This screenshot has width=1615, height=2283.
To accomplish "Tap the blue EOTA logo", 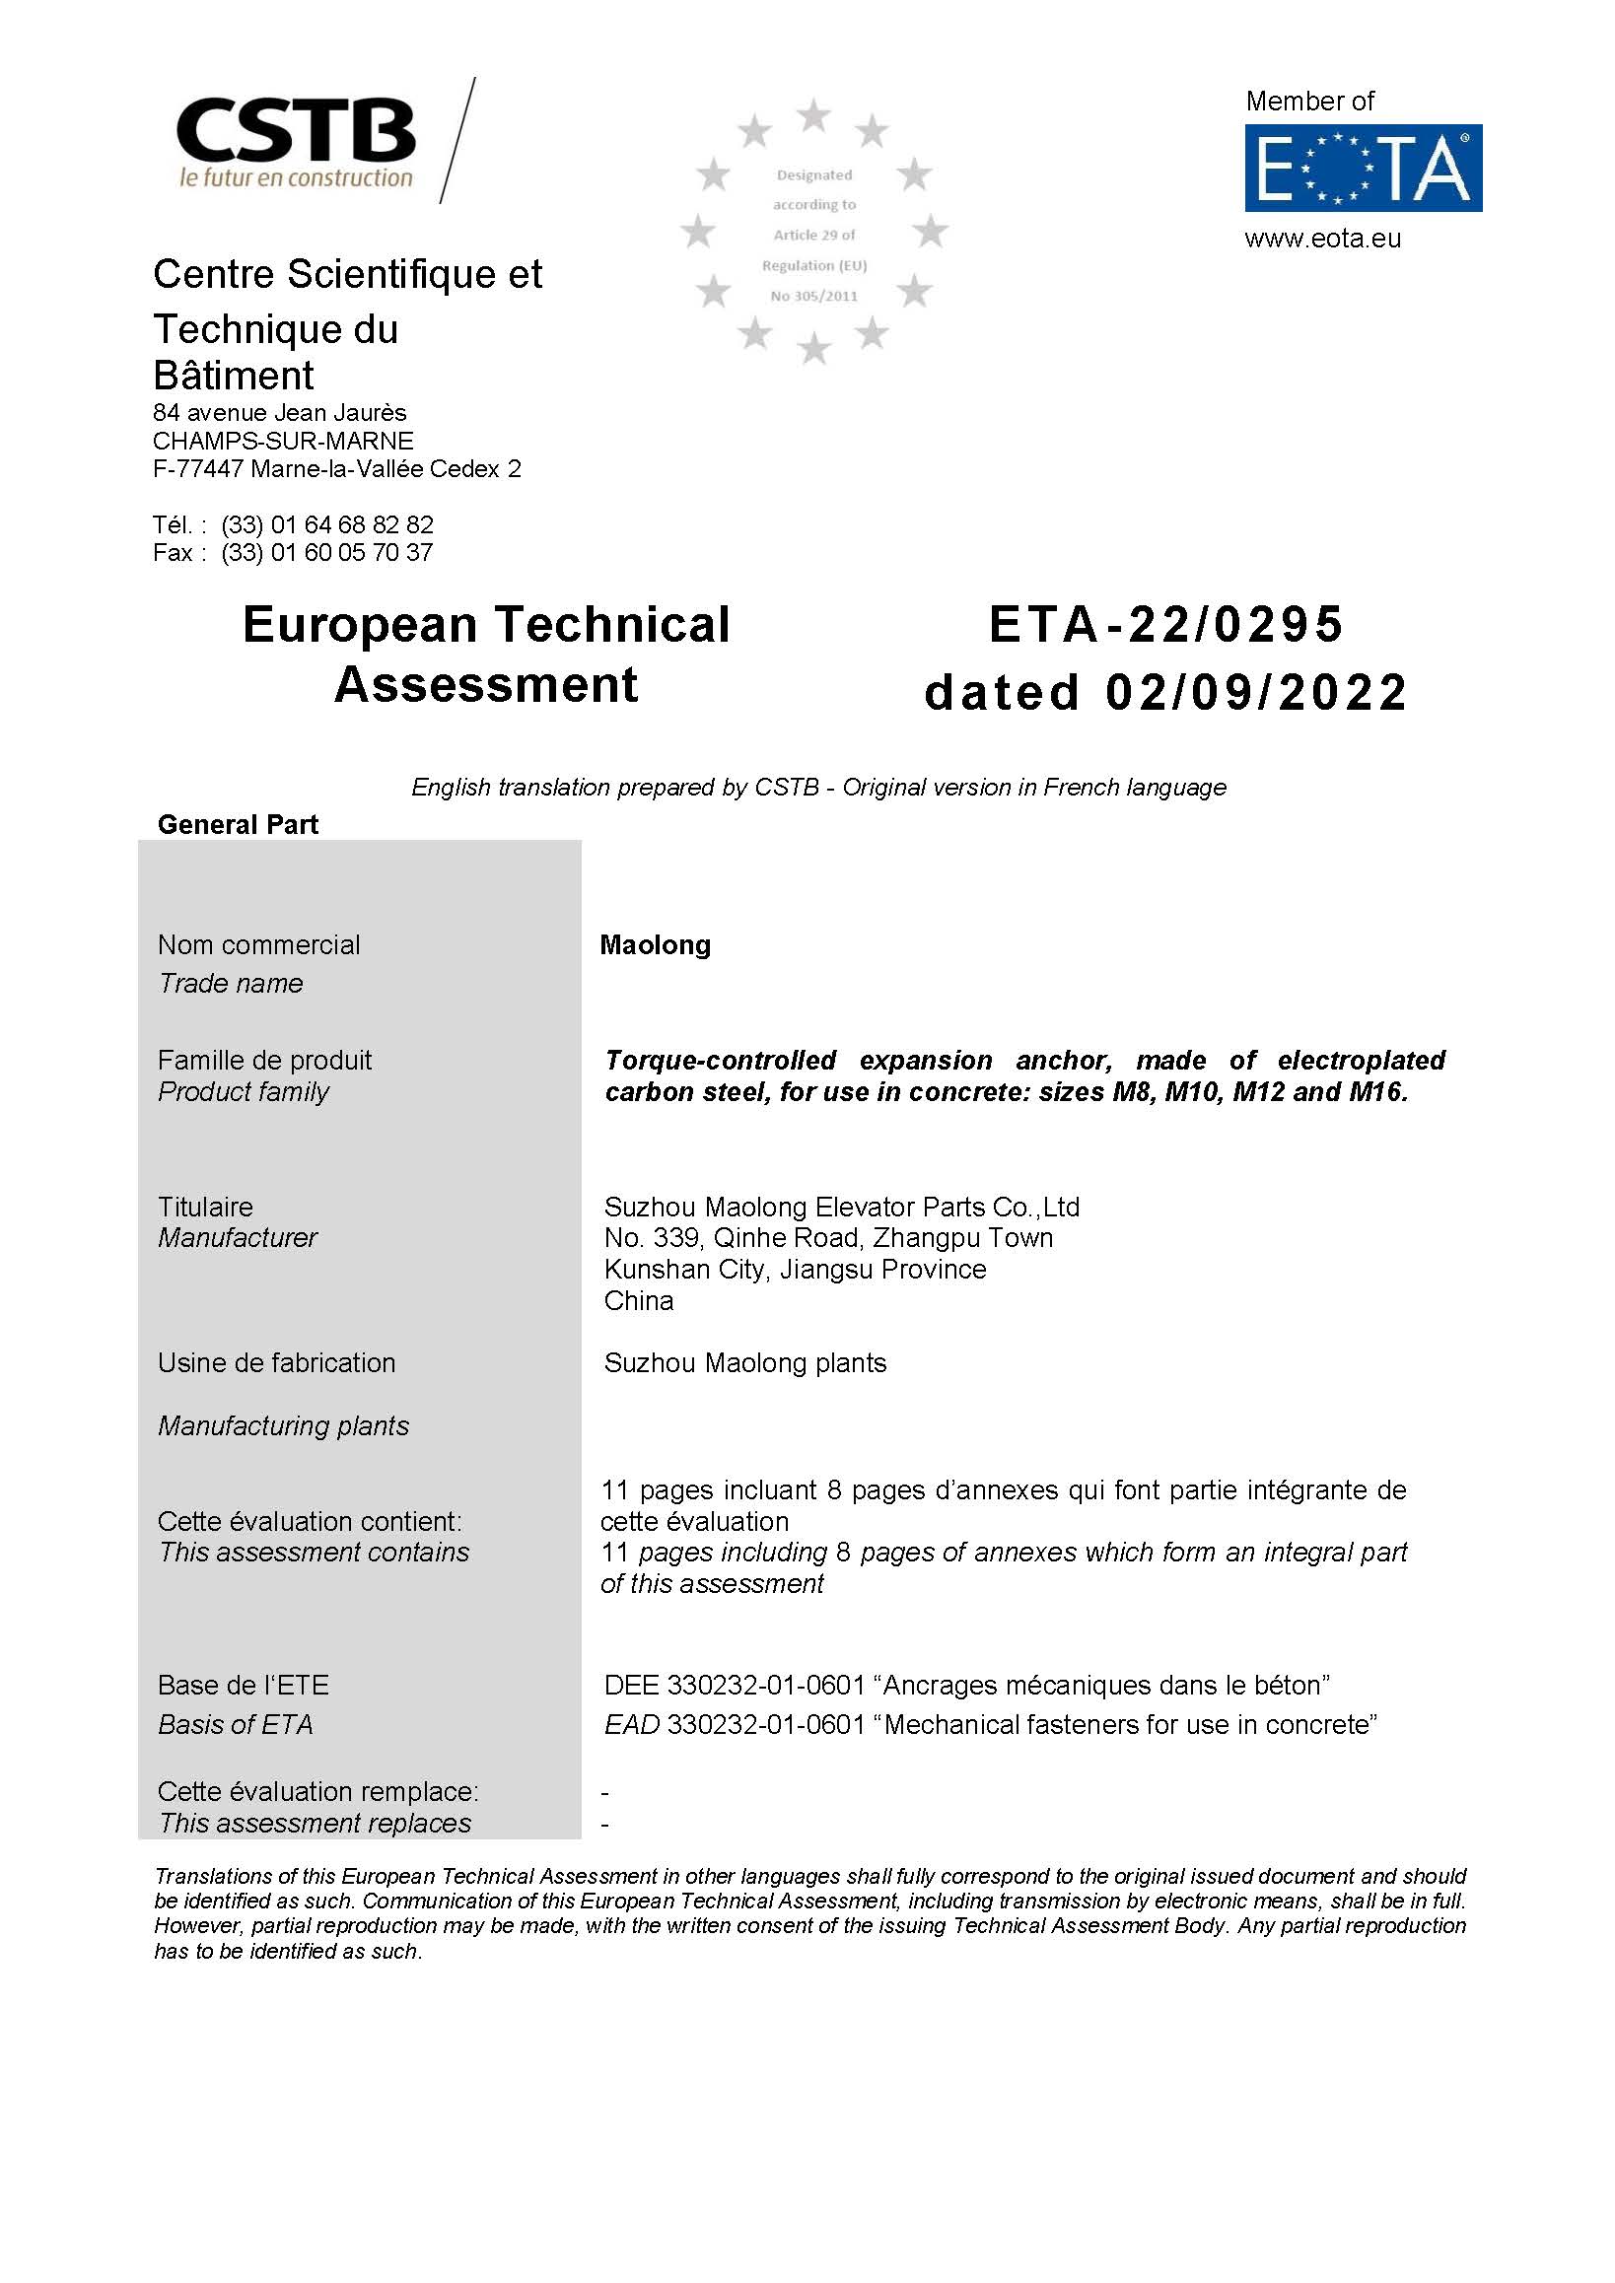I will [x=1363, y=167].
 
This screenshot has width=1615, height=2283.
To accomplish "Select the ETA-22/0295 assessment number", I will [x=1165, y=624].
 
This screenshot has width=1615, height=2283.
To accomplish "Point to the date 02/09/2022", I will [x=1256, y=692].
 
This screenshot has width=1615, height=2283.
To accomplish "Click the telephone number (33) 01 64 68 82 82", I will [x=327, y=524].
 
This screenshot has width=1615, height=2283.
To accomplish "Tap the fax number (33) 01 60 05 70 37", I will [x=327, y=552].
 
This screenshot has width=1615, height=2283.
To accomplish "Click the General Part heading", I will [x=238, y=824].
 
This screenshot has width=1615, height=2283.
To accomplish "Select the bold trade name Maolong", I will [x=655, y=944].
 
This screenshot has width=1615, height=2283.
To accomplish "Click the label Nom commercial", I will [x=258, y=944].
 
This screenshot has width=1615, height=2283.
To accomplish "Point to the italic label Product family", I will [x=243, y=1091].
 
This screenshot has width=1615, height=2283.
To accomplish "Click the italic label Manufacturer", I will [x=238, y=1237].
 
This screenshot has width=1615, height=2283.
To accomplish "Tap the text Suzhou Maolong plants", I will [x=744, y=1362].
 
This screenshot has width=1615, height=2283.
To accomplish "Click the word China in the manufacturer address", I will [x=639, y=1300].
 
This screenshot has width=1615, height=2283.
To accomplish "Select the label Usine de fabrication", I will [x=276, y=1362].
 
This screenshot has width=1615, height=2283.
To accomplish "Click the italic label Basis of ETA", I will [x=236, y=1724].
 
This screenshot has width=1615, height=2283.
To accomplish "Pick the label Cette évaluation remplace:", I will [x=318, y=1791].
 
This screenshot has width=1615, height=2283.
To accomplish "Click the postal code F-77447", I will [x=198, y=468].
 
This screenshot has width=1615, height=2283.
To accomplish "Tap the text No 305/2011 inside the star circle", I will [x=813, y=297].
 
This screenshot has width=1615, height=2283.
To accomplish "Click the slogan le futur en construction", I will [x=296, y=178].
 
